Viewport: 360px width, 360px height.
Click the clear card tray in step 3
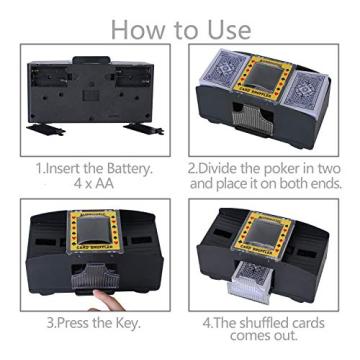pyautogui.click(x=92, y=272)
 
